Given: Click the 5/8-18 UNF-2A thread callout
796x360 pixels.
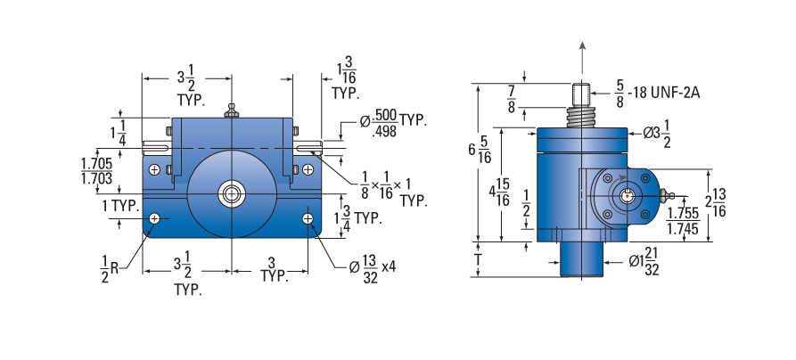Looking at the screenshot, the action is point(657,94).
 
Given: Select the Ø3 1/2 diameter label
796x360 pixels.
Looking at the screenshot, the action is point(658,135).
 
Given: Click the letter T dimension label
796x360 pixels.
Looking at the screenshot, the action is point(478,260).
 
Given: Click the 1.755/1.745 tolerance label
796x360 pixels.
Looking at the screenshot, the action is point(683,221).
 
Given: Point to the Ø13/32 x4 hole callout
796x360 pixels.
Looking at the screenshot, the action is point(372,268).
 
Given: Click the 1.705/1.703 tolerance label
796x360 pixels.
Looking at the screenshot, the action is point(96,171).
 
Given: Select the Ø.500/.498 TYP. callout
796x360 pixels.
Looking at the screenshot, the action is point(393,123).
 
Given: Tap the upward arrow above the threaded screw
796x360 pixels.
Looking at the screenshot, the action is point(582,60).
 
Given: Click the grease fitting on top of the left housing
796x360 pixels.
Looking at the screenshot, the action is point(232,110).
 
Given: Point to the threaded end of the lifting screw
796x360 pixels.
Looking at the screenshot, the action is point(581,94).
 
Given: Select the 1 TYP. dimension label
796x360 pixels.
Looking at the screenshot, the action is point(119,207).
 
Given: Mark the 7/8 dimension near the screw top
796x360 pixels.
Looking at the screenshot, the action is point(512,99).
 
